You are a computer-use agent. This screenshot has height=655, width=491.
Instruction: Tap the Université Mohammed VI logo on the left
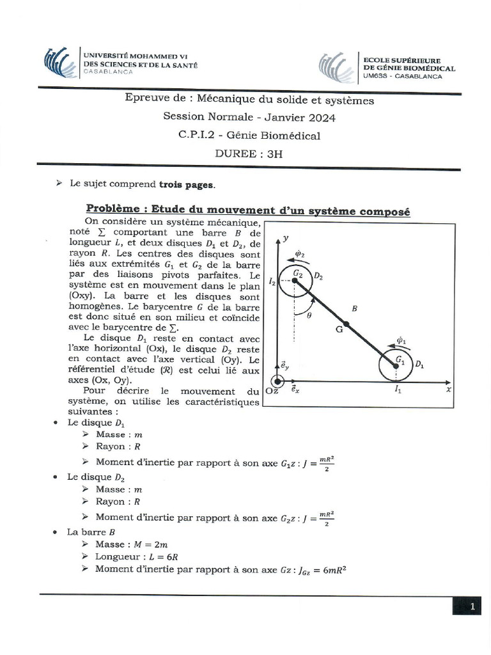[x=59, y=61]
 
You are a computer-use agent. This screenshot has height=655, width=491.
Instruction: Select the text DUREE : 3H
[x=249, y=154]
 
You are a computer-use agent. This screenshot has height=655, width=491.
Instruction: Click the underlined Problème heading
[x=247, y=210]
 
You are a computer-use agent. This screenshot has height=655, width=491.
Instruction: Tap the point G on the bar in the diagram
[x=339, y=330]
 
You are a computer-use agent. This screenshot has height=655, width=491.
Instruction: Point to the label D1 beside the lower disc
[x=420, y=364]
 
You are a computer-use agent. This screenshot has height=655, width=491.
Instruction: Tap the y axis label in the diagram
[x=288, y=238]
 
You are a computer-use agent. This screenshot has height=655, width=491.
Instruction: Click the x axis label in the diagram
[x=449, y=389]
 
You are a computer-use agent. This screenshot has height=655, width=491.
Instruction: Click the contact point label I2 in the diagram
[x=272, y=281]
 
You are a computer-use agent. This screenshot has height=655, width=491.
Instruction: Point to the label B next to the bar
[x=355, y=308]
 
